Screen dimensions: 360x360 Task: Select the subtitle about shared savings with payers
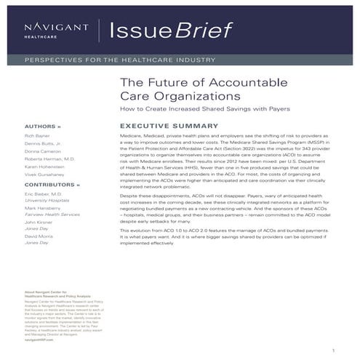click(x=204, y=108)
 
